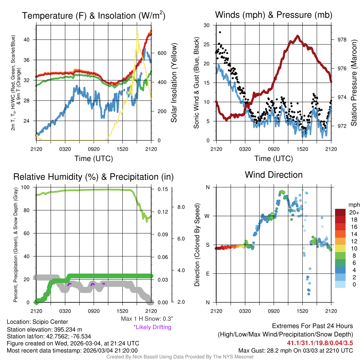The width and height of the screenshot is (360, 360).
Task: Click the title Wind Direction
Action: click(x=274, y=175)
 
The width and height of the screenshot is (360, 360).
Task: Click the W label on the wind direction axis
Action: click(x=208, y=216)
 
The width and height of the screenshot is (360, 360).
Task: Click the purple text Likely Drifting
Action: click(x=152, y=327)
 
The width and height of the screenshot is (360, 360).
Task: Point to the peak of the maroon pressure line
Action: click(x=298, y=36)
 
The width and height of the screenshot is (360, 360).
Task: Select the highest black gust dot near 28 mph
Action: click(x=220, y=32)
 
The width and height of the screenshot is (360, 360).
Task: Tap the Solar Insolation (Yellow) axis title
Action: click(x=174, y=83)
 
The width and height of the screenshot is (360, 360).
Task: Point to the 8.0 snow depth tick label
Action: click(x=180, y=207)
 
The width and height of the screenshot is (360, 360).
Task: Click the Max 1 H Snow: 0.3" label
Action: click(x=147, y=319)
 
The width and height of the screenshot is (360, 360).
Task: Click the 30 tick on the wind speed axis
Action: click(x=207, y=25)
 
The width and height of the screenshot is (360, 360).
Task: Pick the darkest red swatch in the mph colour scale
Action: click(x=340, y=213)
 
